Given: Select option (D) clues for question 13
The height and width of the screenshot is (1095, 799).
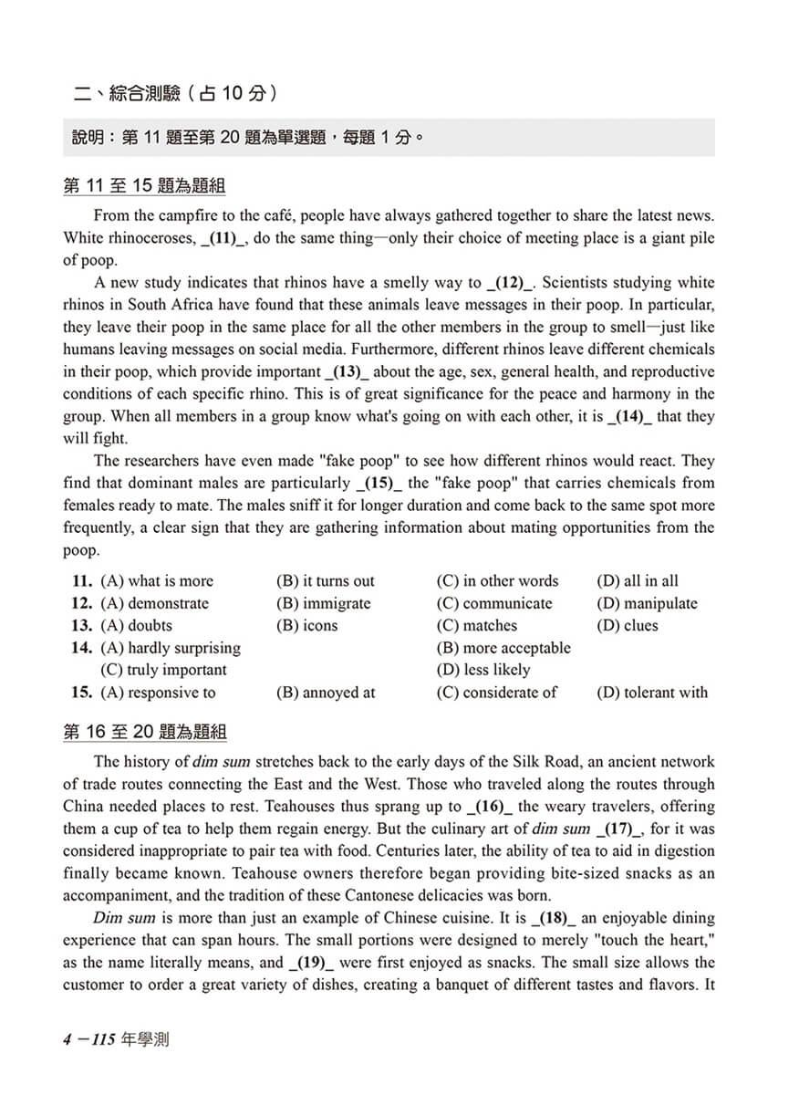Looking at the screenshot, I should point(628,625).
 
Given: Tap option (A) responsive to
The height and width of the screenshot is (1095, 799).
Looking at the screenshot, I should point(158,693).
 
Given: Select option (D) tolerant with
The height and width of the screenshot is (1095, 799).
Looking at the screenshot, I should point(652,693).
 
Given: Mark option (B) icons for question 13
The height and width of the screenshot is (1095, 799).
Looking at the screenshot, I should point(306,625).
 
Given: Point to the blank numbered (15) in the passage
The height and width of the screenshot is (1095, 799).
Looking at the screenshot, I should point(379,483).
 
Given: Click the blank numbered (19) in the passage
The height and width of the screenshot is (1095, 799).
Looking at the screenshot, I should point(312,963).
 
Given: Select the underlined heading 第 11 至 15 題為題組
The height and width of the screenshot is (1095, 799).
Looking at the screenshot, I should point(144,187).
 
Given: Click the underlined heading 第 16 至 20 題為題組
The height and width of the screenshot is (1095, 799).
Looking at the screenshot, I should point(144,732).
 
